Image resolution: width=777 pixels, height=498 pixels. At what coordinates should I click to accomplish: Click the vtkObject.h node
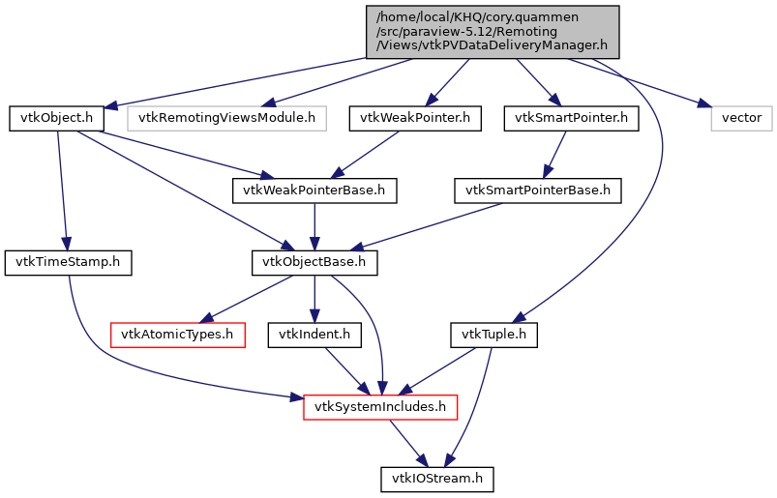coord(57,119)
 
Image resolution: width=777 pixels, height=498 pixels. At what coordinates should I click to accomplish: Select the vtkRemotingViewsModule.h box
coord(227,119)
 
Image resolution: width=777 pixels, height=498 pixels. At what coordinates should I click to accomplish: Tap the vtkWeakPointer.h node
coord(415,119)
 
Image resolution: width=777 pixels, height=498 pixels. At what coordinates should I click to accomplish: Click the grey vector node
coord(742,119)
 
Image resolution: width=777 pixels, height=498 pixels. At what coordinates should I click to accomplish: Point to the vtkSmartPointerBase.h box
coord(538,190)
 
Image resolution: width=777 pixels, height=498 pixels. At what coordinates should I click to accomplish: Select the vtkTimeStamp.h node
coord(68,262)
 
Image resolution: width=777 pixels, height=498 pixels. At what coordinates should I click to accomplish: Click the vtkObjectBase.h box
coord(314,262)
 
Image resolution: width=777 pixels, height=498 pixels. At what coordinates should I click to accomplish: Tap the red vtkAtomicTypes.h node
coord(177,335)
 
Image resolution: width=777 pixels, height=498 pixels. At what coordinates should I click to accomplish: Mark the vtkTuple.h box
coord(493,335)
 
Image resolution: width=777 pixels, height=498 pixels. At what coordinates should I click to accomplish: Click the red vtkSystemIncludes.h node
coord(380,406)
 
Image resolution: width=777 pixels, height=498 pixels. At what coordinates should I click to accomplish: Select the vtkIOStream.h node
coord(437,479)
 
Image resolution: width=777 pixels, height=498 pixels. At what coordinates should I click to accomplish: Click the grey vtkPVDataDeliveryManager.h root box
coord(492,31)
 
